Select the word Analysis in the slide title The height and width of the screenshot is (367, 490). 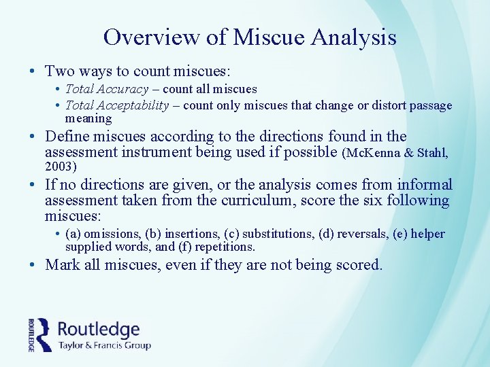point(354,37)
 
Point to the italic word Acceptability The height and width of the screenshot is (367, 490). point(136,105)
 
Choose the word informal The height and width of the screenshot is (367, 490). point(425,184)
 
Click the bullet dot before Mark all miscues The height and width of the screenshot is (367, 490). point(33,265)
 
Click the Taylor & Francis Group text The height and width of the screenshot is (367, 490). point(103,345)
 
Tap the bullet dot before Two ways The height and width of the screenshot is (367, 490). point(33,71)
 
